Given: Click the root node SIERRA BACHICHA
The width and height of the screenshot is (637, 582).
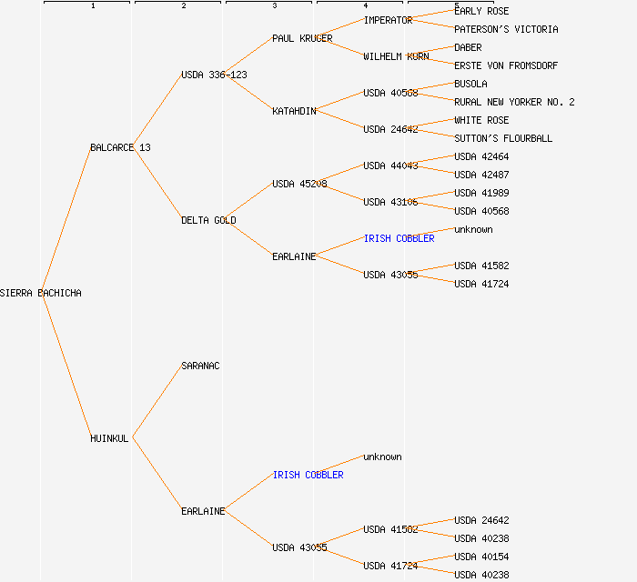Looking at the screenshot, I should click(x=40, y=293).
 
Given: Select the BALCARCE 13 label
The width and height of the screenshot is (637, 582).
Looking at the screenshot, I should click(x=120, y=147).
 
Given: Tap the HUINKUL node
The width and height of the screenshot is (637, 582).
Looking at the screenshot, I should click(x=109, y=438).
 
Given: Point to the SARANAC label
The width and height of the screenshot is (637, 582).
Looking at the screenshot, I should click(x=200, y=366).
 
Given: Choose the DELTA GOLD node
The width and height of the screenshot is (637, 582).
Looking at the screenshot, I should click(x=208, y=220).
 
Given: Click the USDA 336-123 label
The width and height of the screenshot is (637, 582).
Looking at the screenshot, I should click(x=214, y=75).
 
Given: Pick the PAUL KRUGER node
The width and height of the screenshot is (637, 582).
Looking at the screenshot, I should click(x=302, y=38).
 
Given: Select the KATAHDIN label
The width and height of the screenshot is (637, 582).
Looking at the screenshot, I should click(x=294, y=111).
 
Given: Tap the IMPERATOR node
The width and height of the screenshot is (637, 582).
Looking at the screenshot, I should click(x=388, y=20).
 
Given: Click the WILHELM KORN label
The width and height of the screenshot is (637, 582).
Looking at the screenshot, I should click(x=396, y=56).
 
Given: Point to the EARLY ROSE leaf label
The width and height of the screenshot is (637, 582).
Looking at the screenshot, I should click(x=481, y=11).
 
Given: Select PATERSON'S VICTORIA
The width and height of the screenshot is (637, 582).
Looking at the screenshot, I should click(x=506, y=29).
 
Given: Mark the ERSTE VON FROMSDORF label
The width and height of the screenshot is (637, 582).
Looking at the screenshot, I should click(x=506, y=65).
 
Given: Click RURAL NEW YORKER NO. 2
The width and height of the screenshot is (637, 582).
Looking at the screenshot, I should click(x=514, y=102).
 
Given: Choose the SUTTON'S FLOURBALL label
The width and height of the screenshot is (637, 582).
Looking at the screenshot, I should click(x=503, y=138).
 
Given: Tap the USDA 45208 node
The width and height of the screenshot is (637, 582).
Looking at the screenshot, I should click(x=299, y=184).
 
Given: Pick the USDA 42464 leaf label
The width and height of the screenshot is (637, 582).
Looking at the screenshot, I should click(x=481, y=156).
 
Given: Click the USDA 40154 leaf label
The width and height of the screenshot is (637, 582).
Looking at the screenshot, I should click(x=481, y=557).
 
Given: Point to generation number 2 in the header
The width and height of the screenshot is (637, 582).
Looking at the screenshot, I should click(x=183, y=6).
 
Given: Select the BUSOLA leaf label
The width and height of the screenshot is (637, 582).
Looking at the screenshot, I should click(x=470, y=84).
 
